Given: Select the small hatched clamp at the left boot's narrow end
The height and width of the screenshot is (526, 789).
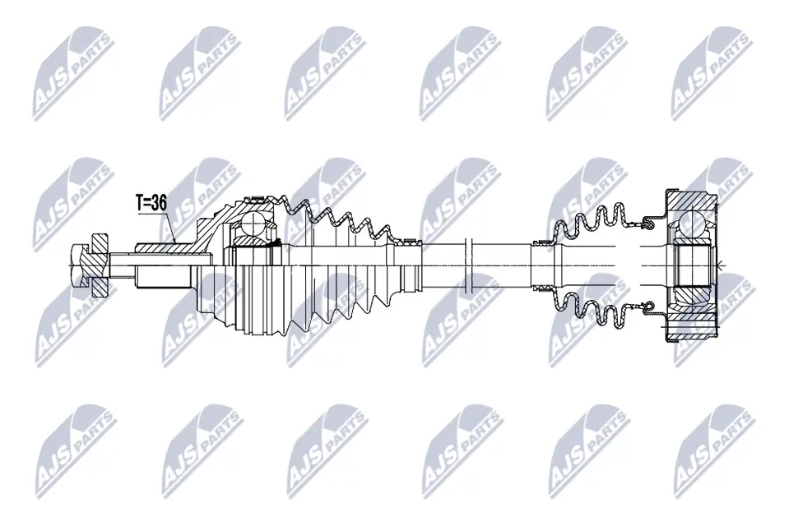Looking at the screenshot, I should point(409,243).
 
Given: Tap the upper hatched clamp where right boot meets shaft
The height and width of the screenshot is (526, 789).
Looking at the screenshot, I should point(544,243).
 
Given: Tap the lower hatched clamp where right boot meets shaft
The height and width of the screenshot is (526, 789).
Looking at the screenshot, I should point(544,287).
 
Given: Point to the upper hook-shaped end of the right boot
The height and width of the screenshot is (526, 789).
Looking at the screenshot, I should point(647,220).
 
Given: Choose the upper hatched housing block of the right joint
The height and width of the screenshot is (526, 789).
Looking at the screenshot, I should point(691,200).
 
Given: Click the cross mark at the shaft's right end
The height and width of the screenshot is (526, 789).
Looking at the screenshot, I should point(718,265).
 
